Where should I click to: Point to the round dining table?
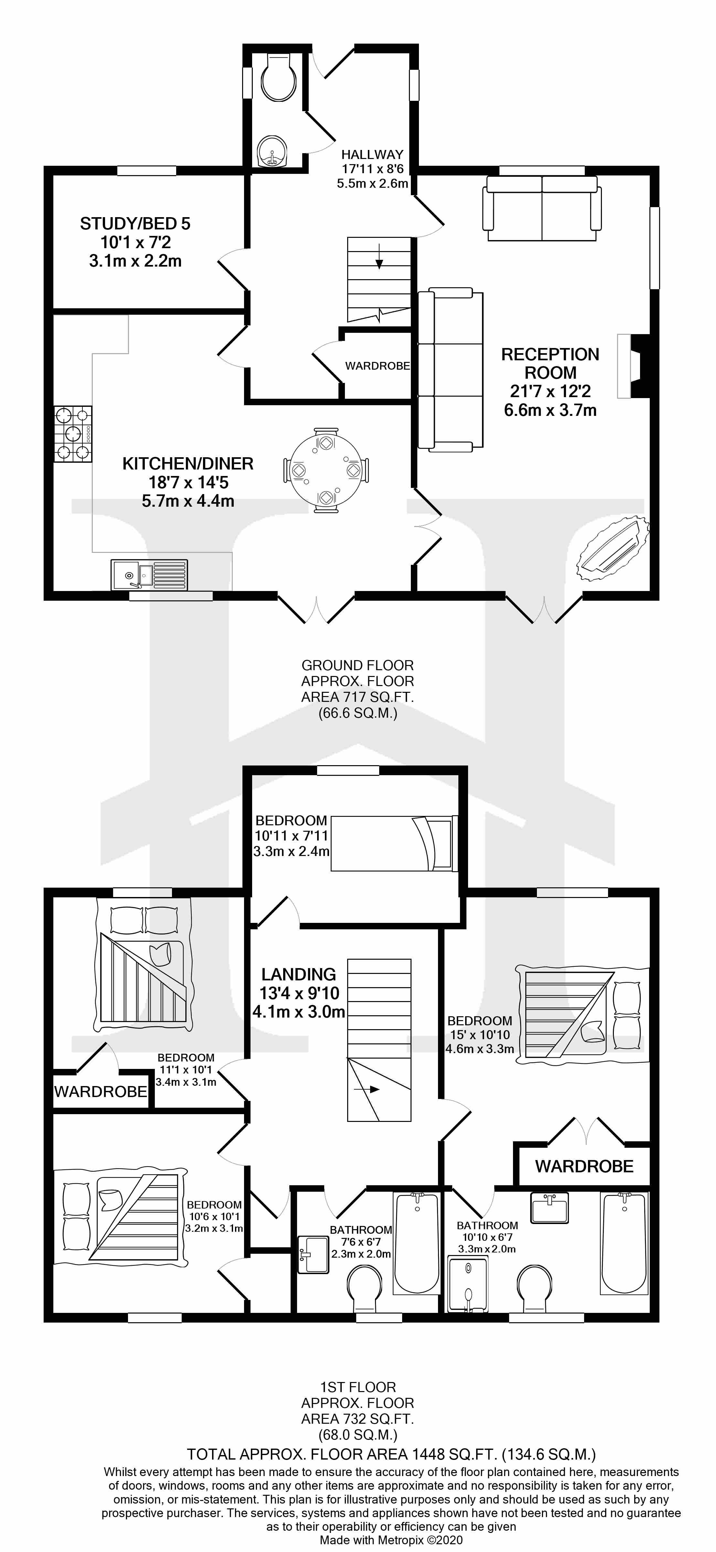click(x=326, y=470)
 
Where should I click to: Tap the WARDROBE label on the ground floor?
click(x=377, y=366)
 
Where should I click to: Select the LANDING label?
click(x=298, y=974)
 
